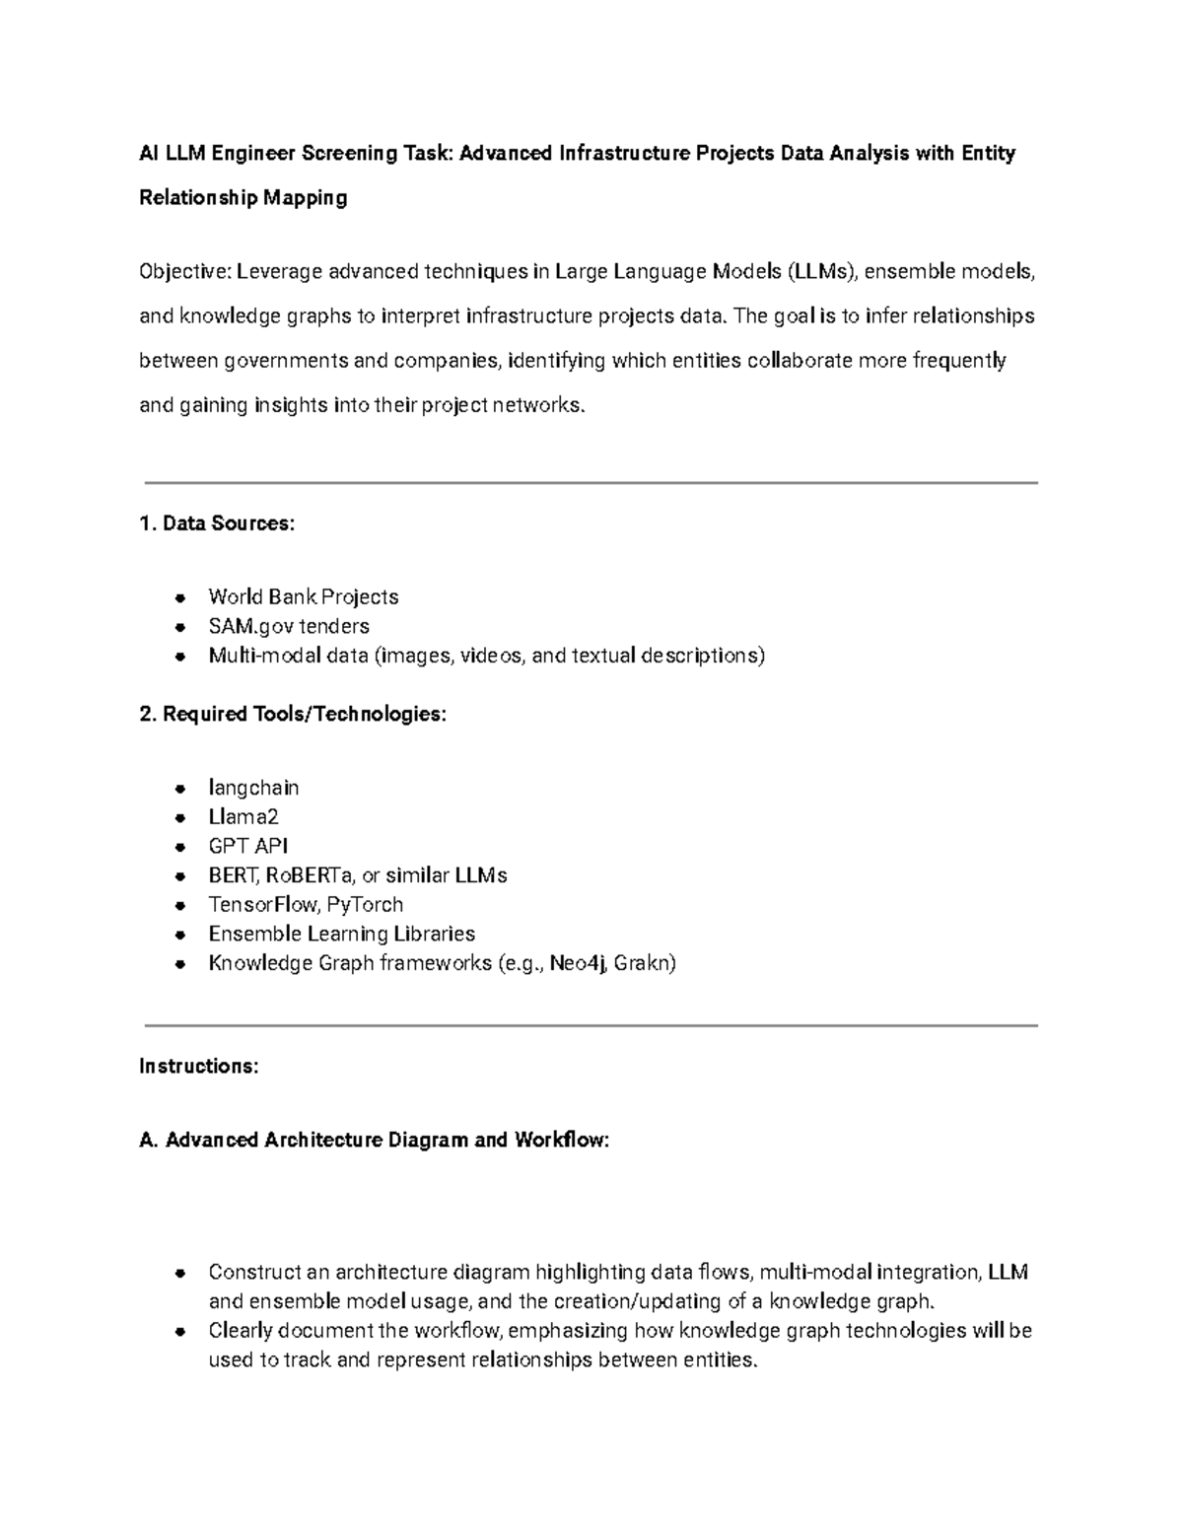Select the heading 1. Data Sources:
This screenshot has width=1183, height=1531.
click(x=217, y=523)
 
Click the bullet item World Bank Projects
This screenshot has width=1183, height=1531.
click(x=303, y=596)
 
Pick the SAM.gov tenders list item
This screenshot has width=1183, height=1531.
click(x=288, y=626)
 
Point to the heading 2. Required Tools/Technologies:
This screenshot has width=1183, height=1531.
click(x=293, y=714)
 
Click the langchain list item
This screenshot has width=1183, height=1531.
click(x=253, y=788)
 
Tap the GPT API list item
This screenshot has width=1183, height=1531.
click(x=247, y=846)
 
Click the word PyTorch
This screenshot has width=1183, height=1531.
click(x=365, y=904)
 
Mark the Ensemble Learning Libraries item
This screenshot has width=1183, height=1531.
click(x=341, y=934)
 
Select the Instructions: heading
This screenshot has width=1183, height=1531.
click(x=199, y=1066)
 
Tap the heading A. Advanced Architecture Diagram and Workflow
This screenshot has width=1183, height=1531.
click(x=375, y=1140)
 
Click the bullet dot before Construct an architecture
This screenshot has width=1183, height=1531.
click(x=180, y=1273)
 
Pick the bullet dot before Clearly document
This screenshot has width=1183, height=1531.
click(x=180, y=1331)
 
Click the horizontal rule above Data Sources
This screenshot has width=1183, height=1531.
click(x=591, y=483)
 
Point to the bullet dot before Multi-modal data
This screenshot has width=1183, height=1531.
click(x=180, y=656)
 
